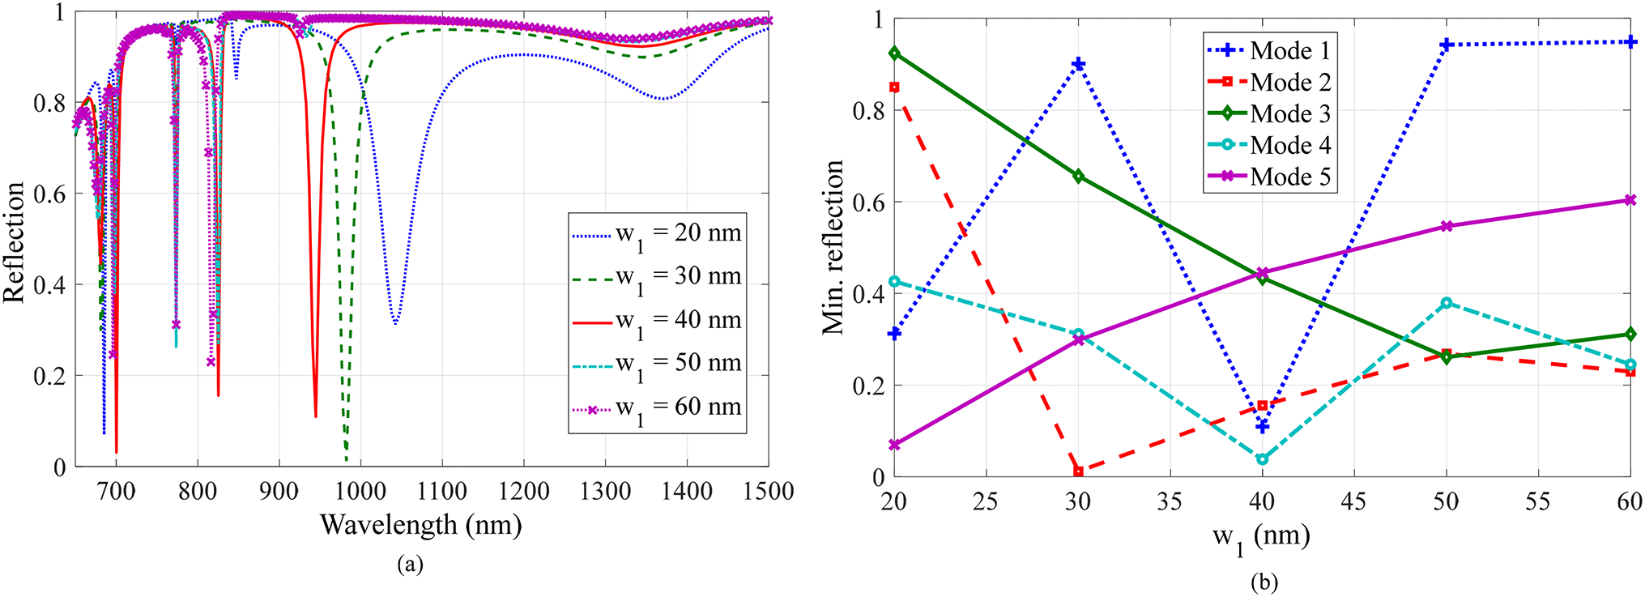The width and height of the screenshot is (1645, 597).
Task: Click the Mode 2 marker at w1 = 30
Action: pos(1078,471)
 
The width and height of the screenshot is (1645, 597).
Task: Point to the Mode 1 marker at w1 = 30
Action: pos(1078,64)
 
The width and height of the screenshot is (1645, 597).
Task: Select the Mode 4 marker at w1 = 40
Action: pos(1262,459)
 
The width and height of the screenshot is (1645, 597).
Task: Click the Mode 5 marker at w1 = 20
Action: pos(894,445)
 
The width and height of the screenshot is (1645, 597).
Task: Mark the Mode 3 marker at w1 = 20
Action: pos(894,53)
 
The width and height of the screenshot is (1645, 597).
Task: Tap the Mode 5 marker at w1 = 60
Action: pos(1630,200)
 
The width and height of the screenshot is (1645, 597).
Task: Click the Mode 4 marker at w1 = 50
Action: pos(1446,303)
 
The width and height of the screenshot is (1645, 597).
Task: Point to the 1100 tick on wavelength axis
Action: pos(442,491)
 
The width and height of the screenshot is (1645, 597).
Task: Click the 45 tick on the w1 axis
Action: pos(1353,501)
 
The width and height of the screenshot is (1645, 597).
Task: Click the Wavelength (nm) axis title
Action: pos(420,525)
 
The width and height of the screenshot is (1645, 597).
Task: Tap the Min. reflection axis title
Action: pos(834,247)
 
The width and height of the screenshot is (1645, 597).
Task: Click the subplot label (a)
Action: pos(410,565)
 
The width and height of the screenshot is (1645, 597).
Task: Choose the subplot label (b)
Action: pos(1264,581)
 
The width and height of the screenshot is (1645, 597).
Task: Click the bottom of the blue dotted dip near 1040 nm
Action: pos(395,323)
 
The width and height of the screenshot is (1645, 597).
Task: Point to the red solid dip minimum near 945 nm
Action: pos(316,416)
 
